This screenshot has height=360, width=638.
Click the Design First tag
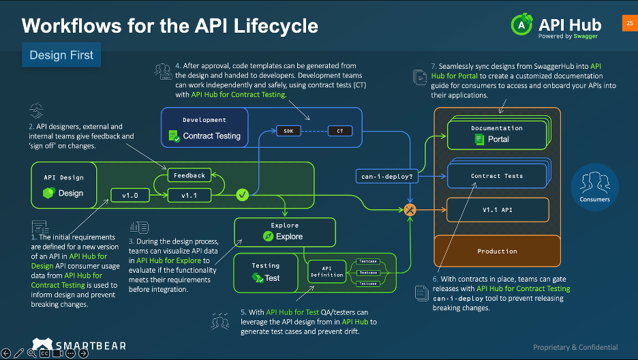click(61, 55)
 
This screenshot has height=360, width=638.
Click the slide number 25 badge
click(628, 22)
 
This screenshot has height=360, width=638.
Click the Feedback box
click(189, 175)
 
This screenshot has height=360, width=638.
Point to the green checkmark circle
click(241, 196)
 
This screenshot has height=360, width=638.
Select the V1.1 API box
click(497, 210)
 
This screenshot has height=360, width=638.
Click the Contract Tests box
click(497, 176)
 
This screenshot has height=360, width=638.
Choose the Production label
click(497, 251)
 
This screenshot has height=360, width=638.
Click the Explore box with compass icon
click(284, 232)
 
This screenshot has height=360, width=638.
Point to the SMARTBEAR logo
click(79, 345)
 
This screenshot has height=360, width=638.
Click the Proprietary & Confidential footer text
click(575, 347)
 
